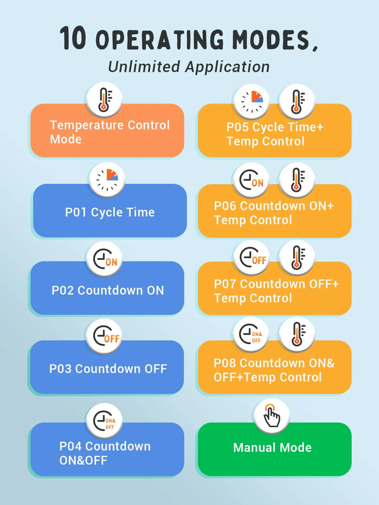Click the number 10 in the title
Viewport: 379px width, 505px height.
(x=73, y=38)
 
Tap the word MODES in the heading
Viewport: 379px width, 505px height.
(x=271, y=40)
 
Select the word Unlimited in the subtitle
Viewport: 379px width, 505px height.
(x=144, y=67)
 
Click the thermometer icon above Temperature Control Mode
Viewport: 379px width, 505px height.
(x=104, y=100)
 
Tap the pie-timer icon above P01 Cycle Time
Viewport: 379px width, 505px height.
(x=107, y=180)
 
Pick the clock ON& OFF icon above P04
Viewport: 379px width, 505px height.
(x=104, y=421)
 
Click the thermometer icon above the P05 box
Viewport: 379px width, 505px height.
(x=297, y=101)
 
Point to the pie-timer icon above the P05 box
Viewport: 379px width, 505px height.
(x=252, y=102)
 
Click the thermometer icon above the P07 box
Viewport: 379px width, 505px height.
(x=297, y=258)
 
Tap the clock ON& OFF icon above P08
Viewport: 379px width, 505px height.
(x=251, y=334)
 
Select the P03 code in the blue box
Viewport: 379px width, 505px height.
(x=60, y=369)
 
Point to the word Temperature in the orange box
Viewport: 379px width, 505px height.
(x=87, y=126)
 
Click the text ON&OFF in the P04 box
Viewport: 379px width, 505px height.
(x=83, y=460)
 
